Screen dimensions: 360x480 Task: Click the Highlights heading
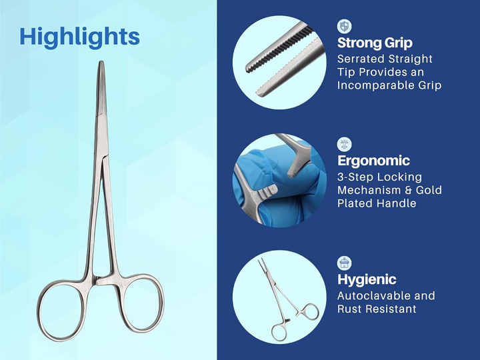pos(79,37)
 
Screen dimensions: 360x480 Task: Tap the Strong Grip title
pos(375,43)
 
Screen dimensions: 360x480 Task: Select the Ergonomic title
pos(373,161)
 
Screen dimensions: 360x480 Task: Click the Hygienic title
pos(367,279)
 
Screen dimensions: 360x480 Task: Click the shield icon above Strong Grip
pos(345,26)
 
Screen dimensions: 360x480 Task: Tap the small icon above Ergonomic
pos(345,144)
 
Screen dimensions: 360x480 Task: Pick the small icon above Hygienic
pos(345,263)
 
